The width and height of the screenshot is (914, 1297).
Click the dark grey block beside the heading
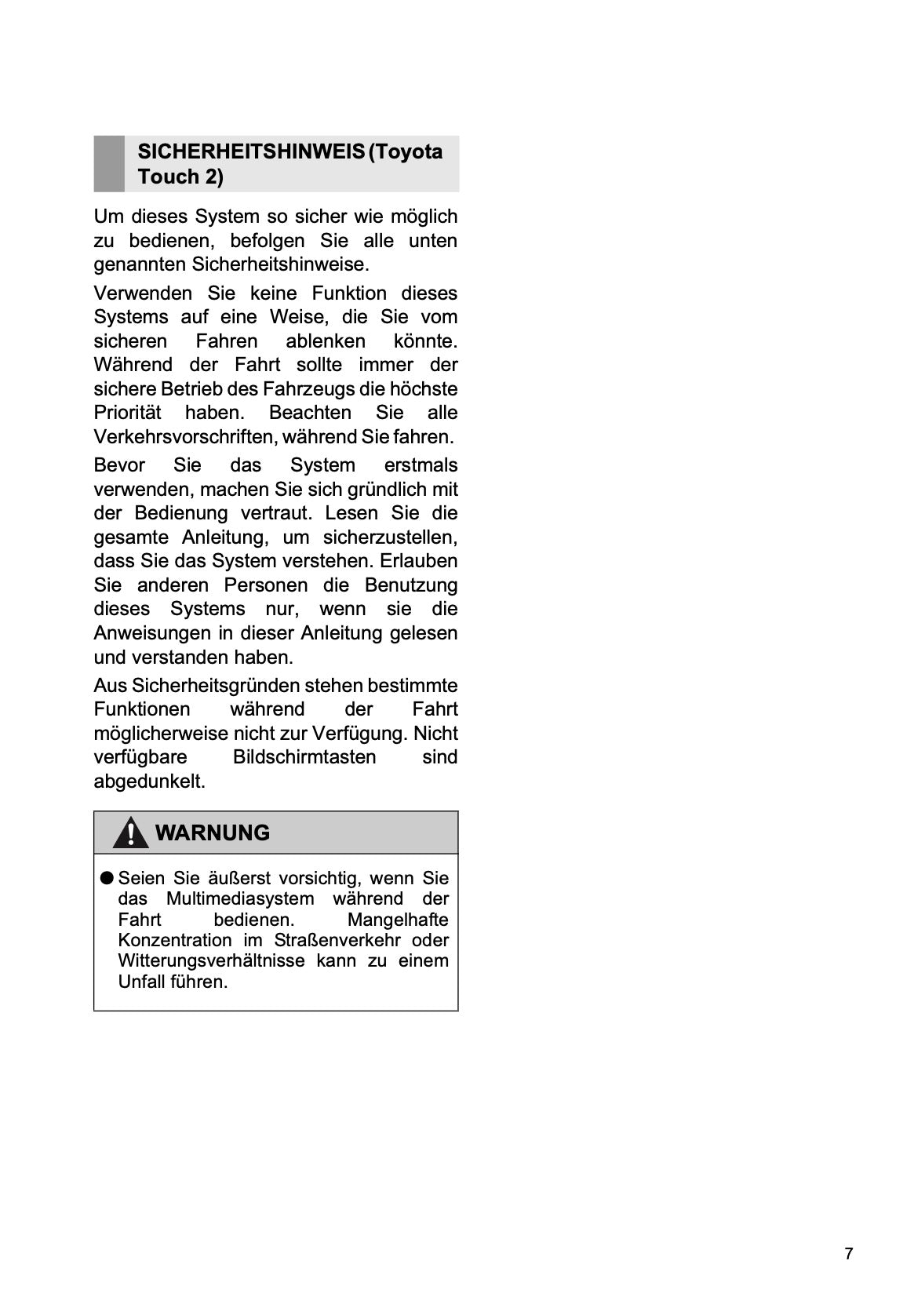109,163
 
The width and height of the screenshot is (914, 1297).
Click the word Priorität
127,413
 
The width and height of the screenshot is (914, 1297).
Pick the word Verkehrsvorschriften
184,437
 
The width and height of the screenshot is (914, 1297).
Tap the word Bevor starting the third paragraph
119,465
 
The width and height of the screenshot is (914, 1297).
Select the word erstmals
421,465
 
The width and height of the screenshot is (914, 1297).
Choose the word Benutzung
411,585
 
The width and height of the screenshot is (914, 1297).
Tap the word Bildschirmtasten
304,757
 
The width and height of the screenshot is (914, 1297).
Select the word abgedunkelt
149,781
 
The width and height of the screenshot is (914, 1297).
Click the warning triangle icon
130,833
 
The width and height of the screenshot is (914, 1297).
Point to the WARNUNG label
213,833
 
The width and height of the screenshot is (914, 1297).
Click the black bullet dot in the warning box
107,878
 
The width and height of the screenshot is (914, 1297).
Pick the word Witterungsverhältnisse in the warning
211,961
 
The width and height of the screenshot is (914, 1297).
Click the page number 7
848,1254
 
